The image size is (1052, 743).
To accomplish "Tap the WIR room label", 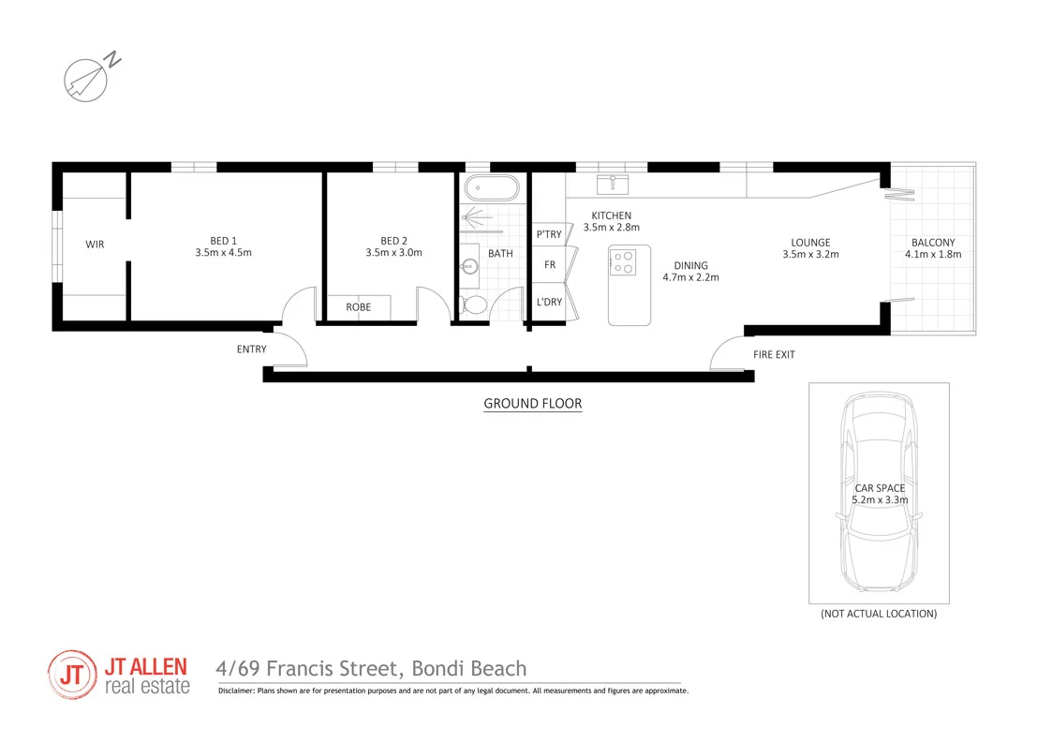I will click(95, 245).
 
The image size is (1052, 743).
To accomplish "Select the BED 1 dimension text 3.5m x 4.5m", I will click(223, 252).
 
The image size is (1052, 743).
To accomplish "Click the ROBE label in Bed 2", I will click(358, 307).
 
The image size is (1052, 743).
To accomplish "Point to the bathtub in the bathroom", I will click(490, 188).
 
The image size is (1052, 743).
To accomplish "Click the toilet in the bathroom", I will click(474, 305).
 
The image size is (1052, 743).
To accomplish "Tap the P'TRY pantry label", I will click(549, 234).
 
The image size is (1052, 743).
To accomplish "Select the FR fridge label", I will click(550, 265).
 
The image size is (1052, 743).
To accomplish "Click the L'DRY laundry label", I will click(549, 302).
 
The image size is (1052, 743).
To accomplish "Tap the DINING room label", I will click(690, 265).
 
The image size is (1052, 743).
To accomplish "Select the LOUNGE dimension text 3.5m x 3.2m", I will click(810, 254).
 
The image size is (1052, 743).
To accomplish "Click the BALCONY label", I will click(933, 243).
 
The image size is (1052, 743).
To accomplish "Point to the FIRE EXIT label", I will click(774, 355).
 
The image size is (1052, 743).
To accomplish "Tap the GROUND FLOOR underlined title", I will click(532, 404).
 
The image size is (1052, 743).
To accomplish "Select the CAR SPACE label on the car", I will click(879, 488).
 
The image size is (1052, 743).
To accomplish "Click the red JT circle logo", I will click(71, 675).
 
